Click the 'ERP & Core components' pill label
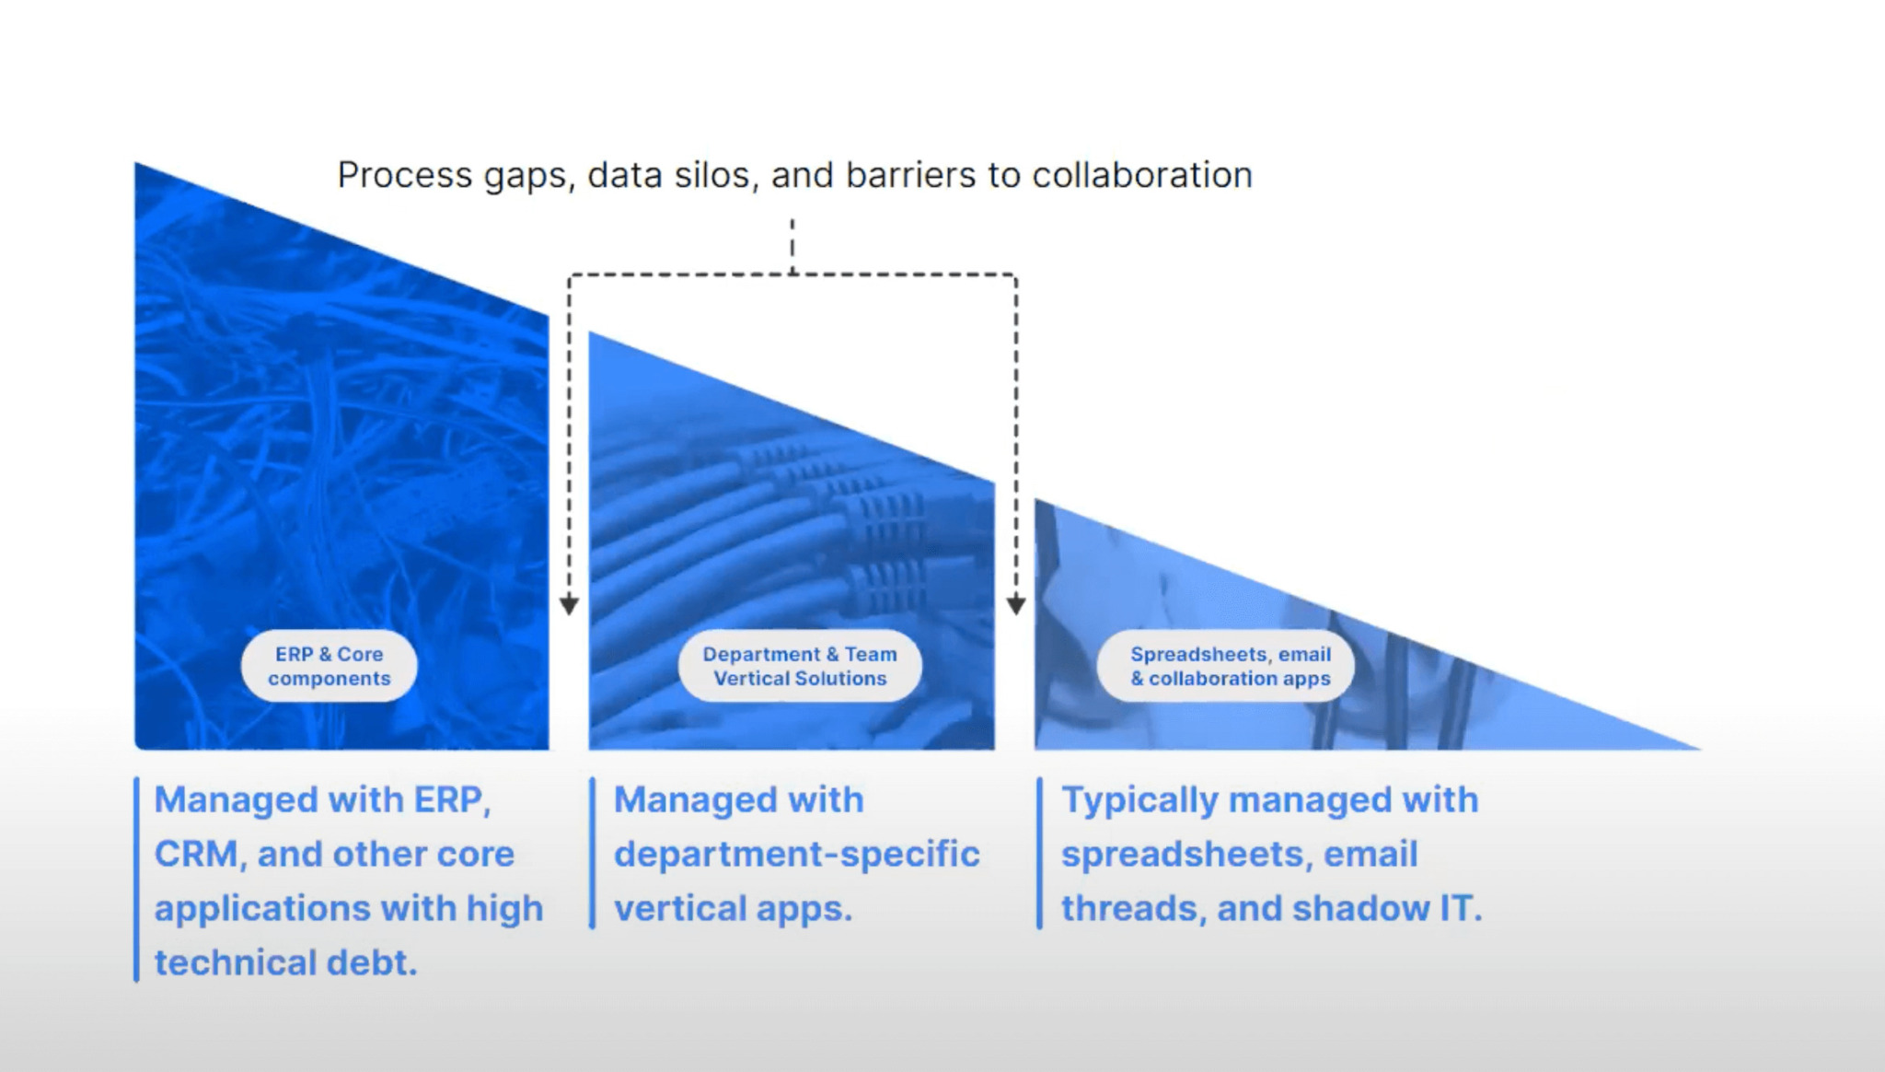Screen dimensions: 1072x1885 (329, 666)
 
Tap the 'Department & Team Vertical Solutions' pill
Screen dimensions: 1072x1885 (799, 666)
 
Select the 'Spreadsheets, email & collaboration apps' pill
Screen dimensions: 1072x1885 (1230, 666)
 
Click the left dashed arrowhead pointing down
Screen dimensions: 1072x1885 (569, 605)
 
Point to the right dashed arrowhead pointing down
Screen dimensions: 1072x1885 (1016, 605)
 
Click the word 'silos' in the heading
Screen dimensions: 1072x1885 (711, 175)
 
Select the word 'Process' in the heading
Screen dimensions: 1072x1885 (404, 175)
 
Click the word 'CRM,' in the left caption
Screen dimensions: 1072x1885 (200, 855)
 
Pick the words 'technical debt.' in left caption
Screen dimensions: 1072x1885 (285, 963)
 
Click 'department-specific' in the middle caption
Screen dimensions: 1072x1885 (796, 855)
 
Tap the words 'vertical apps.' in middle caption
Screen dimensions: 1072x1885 (733, 909)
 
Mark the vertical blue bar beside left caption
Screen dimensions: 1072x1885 (136, 880)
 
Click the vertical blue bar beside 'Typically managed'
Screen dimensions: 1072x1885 (1039, 853)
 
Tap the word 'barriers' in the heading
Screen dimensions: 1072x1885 (910, 175)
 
